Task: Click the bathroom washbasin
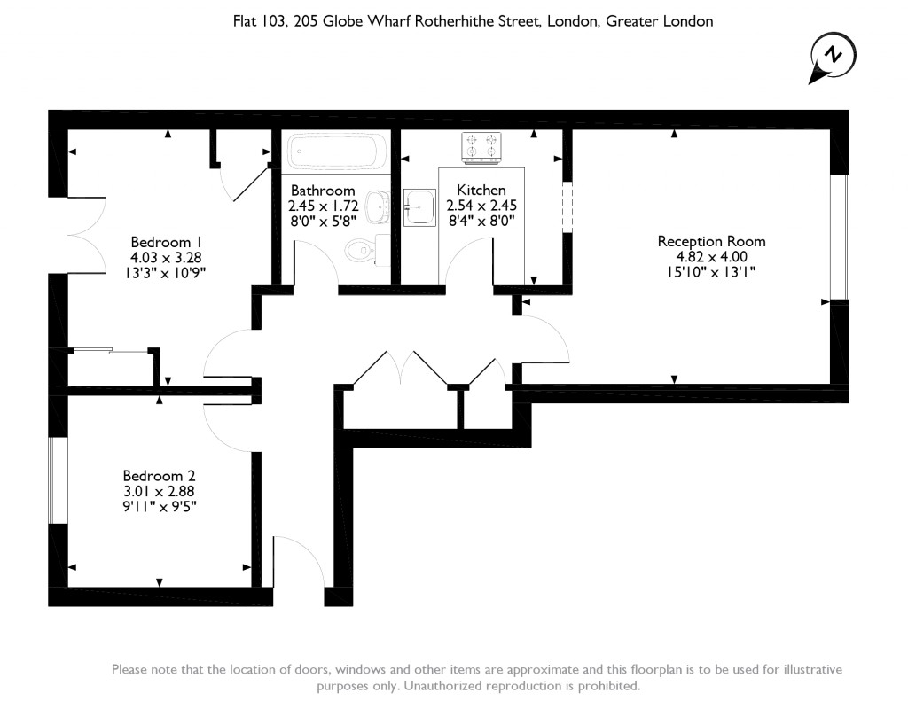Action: tap(380, 208)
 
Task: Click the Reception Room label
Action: tap(711, 241)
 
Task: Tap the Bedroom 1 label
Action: tap(168, 242)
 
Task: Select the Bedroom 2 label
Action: tap(160, 475)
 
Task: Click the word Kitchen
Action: tap(481, 190)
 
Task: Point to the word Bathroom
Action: tap(323, 190)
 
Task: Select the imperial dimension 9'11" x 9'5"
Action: tap(160, 507)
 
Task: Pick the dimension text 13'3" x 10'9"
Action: tap(168, 274)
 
